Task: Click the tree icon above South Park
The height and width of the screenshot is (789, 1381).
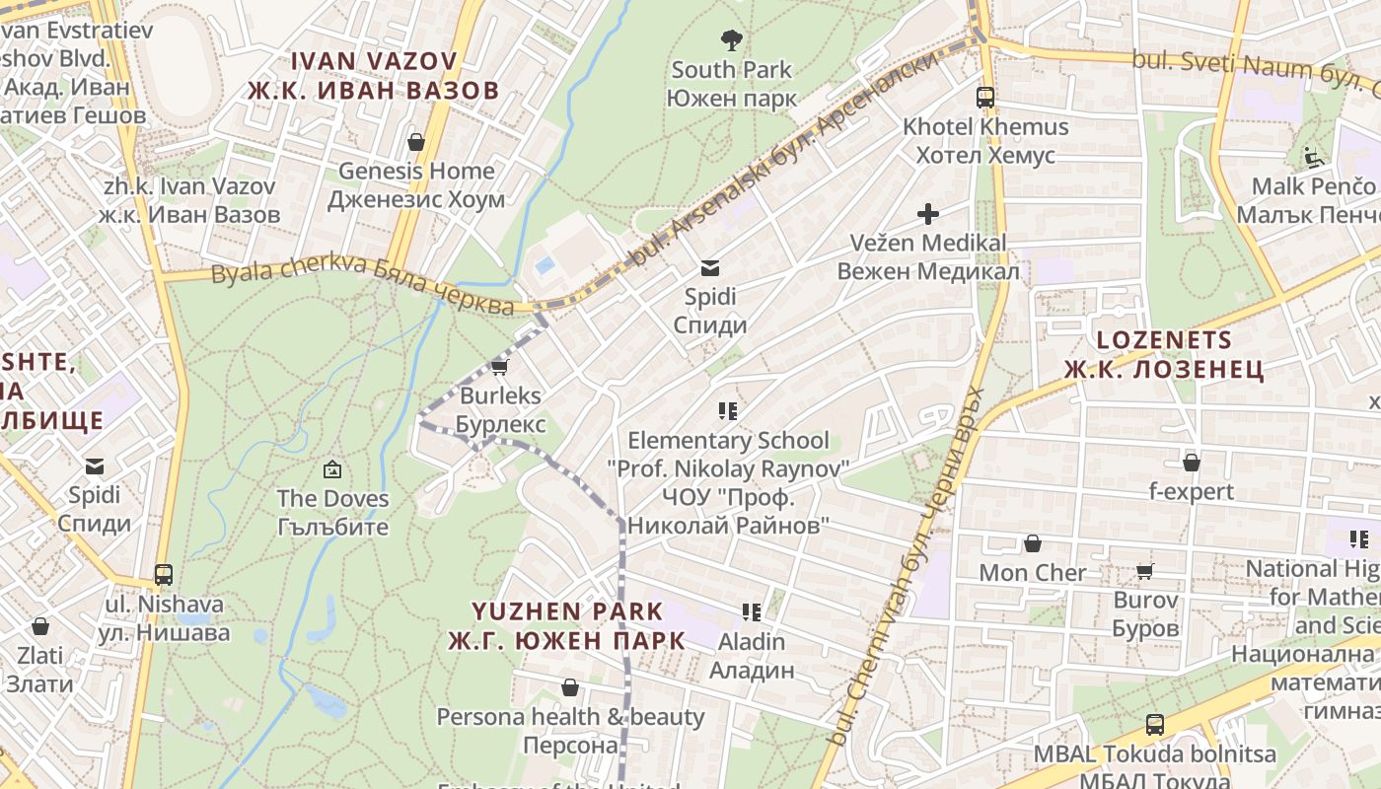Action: click(x=731, y=40)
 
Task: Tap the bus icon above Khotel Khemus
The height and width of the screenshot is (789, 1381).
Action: click(x=985, y=97)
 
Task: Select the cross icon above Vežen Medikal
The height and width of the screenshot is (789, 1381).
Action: click(x=927, y=213)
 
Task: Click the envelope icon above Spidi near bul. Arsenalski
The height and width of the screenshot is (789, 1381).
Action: click(x=709, y=267)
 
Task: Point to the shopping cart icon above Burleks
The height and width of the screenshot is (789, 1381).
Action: click(x=499, y=367)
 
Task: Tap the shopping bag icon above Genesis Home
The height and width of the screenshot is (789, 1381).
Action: click(x=416, y=142)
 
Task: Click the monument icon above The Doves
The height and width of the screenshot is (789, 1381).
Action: click(x=332, y=469)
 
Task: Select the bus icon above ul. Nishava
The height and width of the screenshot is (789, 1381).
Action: click(x=164, y=575)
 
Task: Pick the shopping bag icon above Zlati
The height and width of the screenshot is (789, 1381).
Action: click(x=40, y=626)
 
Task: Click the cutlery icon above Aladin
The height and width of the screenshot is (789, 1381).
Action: click(x=752, y=612)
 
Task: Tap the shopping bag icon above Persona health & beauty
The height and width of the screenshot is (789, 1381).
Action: click(x=569, y=687)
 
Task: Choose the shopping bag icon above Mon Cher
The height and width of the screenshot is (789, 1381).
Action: click(x=1033, y=543)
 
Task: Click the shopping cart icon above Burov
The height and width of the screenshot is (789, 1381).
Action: click(x=1145, y=571)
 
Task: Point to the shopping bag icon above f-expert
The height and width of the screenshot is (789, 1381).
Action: click(x=1192, y=462)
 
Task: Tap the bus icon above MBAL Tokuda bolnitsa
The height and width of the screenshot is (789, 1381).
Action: click(x=1155, y=725)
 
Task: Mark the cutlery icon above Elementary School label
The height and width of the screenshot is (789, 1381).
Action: click(x=728, y=410)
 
